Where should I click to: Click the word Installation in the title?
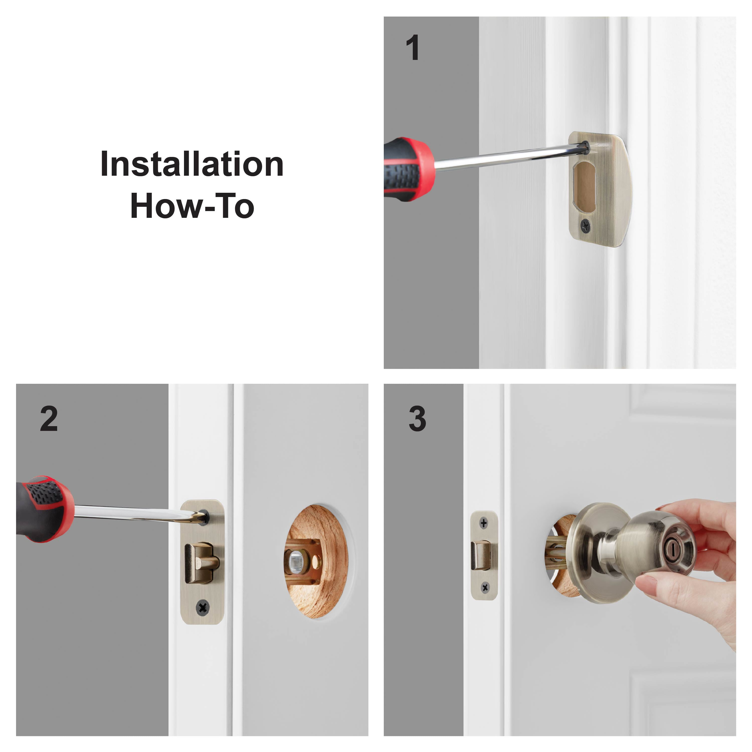(192, 164)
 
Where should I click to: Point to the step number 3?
(417, 419)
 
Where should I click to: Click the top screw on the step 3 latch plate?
(484, 523)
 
